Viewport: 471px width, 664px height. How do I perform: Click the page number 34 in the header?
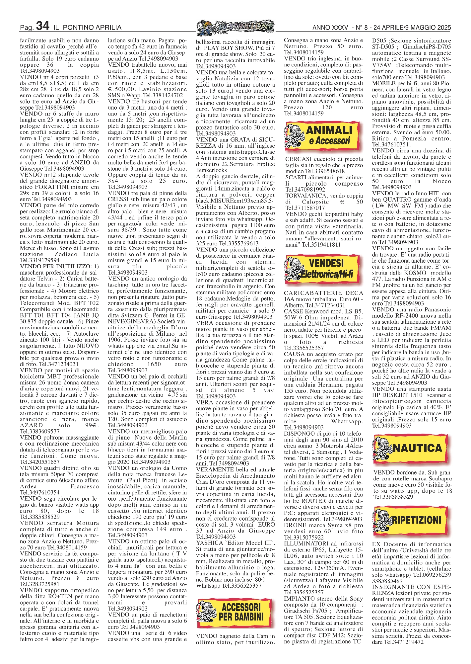click(x=43, y=26)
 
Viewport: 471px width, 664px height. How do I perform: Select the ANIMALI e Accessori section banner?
click(x=322, y=135)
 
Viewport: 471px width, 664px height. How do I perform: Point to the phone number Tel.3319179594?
click(x=40, y=260)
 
